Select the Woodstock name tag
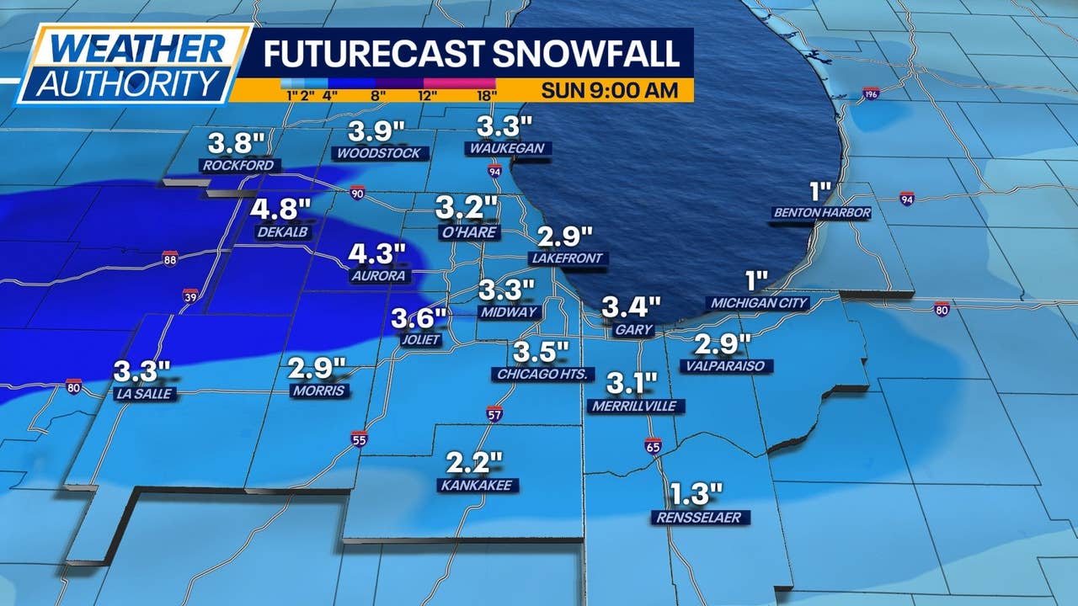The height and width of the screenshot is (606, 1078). coord(382,153)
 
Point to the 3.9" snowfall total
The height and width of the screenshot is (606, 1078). coord(377,130)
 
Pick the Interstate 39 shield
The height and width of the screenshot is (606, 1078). coord(190,295)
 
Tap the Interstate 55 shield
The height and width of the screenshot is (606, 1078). coord(359,438)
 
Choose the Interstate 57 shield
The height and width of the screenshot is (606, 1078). coord(494,413)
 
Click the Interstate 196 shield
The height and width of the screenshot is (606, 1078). coord(871,93)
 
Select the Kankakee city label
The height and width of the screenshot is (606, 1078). coord(478,486)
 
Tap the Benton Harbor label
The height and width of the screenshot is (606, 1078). coord(821,213)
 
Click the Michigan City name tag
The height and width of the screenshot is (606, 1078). coord(760,303)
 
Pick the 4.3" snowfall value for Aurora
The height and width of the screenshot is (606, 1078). coord(378,252)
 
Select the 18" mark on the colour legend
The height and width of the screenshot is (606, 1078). coord(485,95)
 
